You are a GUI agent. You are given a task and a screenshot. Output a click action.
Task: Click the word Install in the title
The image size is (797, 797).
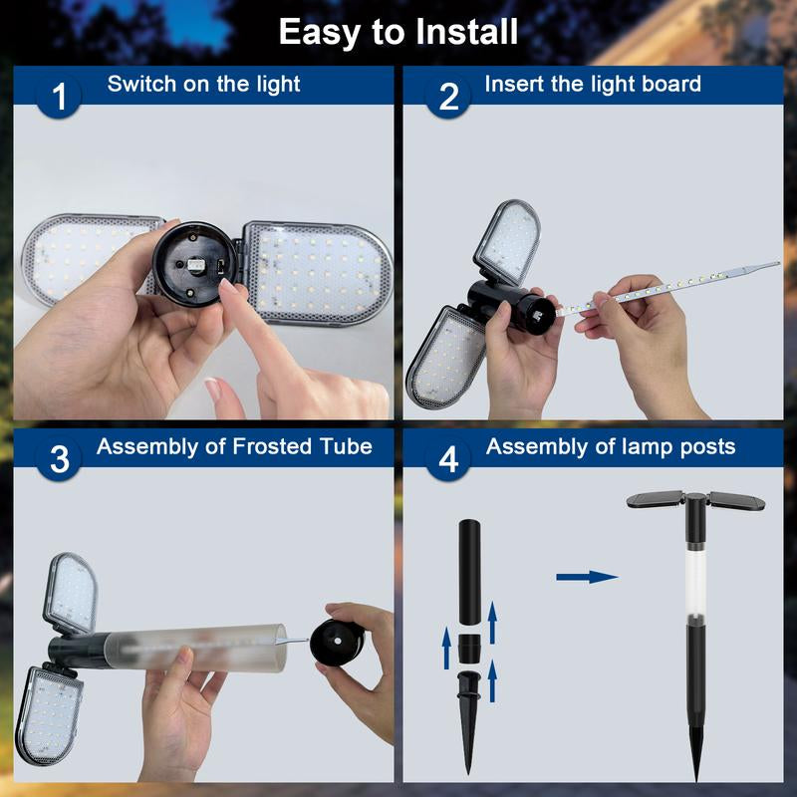pos(466,32)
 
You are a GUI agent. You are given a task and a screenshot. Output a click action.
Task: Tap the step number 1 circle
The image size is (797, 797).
pos(59,96)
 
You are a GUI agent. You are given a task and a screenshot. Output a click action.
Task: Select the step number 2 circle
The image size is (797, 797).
pos(448,96)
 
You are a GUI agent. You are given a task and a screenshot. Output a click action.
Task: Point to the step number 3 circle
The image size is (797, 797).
pos(59,459)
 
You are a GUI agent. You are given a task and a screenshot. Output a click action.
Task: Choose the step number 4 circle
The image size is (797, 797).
pos(448,459)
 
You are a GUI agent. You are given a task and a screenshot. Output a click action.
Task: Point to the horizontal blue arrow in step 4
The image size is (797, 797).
pos(587,577)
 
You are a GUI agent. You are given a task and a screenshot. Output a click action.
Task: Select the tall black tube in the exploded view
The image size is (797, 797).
pos(469,572)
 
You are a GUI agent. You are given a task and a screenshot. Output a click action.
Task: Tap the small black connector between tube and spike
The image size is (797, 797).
pos(468,649)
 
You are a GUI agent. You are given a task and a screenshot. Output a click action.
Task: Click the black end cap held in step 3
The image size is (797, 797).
pos(336,642)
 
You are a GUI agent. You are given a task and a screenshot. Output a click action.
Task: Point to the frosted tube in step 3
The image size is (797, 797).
pos(195,649)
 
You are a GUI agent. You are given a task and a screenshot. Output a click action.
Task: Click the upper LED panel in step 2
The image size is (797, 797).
pos(507,242)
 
